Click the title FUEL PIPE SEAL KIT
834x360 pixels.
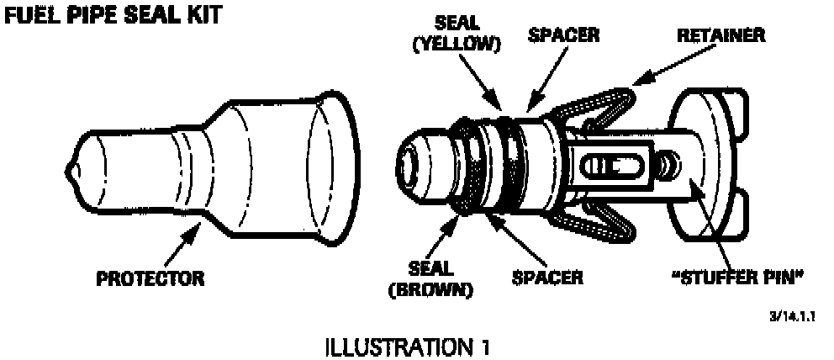[114, 16]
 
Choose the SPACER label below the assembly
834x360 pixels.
[546, 277]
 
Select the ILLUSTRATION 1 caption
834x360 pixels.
[410, 346]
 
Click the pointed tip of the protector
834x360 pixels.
[71, 172]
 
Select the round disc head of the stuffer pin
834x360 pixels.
[710, 159]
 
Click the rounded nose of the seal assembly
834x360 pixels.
[412, 164]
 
